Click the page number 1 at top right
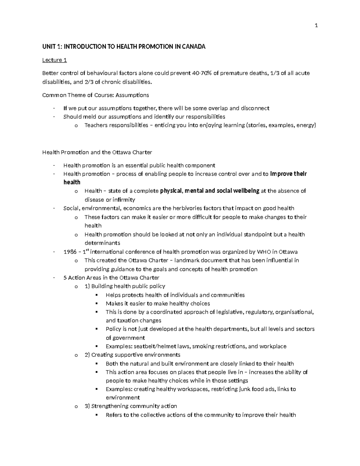click(x=316, y=26)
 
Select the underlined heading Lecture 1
click(x=54, y=60)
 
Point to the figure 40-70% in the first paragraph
click(x=202, y=73)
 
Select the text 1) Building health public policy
click(x=125, y=286)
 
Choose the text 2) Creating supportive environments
click(x=132, y=355)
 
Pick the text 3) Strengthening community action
click(x=131, y=406)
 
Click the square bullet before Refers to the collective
click(x=97, y=415)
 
